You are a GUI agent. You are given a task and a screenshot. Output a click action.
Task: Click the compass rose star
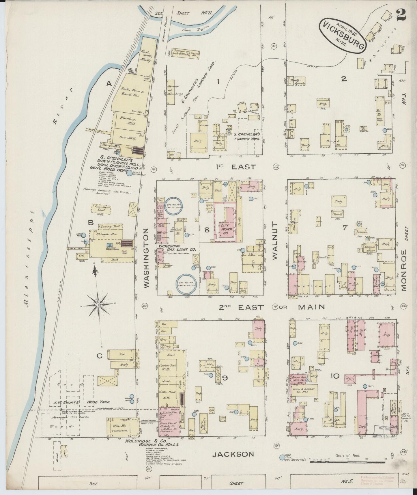tap(98, 305)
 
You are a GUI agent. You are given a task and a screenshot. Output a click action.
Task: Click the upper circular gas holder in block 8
tap(176, 206)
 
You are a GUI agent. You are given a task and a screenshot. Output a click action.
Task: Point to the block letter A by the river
tap(109, 84)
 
